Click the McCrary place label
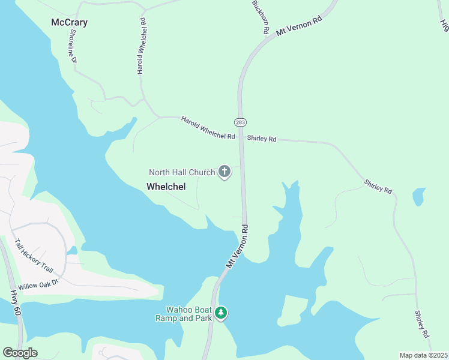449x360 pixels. pyautogui.click(x=70, y=23)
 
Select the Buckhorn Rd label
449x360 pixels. pyautogui.click(x=260, y=17)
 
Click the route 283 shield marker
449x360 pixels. pyautogui.click(x=240, y=122)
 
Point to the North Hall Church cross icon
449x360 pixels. pyautogui.click(x=224, y=172)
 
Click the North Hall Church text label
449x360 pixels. pyautogui.click(x=182, y=173)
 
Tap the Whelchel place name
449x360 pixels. pyautogui.click(x=166, y=187)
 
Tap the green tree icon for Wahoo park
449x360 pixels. pyautogui.click(x=221, y=313)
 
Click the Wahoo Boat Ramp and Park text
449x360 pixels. pyautogui.click(x=184, y=313)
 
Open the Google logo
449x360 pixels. pyautogui.click(x=20, y=353)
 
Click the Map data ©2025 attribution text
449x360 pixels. pyautogui.click(x=423, y=355)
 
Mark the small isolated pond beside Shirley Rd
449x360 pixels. pyautogui.click(x=418, y=196)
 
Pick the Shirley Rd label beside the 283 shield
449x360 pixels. pyautogui.click(x=261, y=139)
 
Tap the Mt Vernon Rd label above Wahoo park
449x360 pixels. pyautogui.click(x=238, y=247)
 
